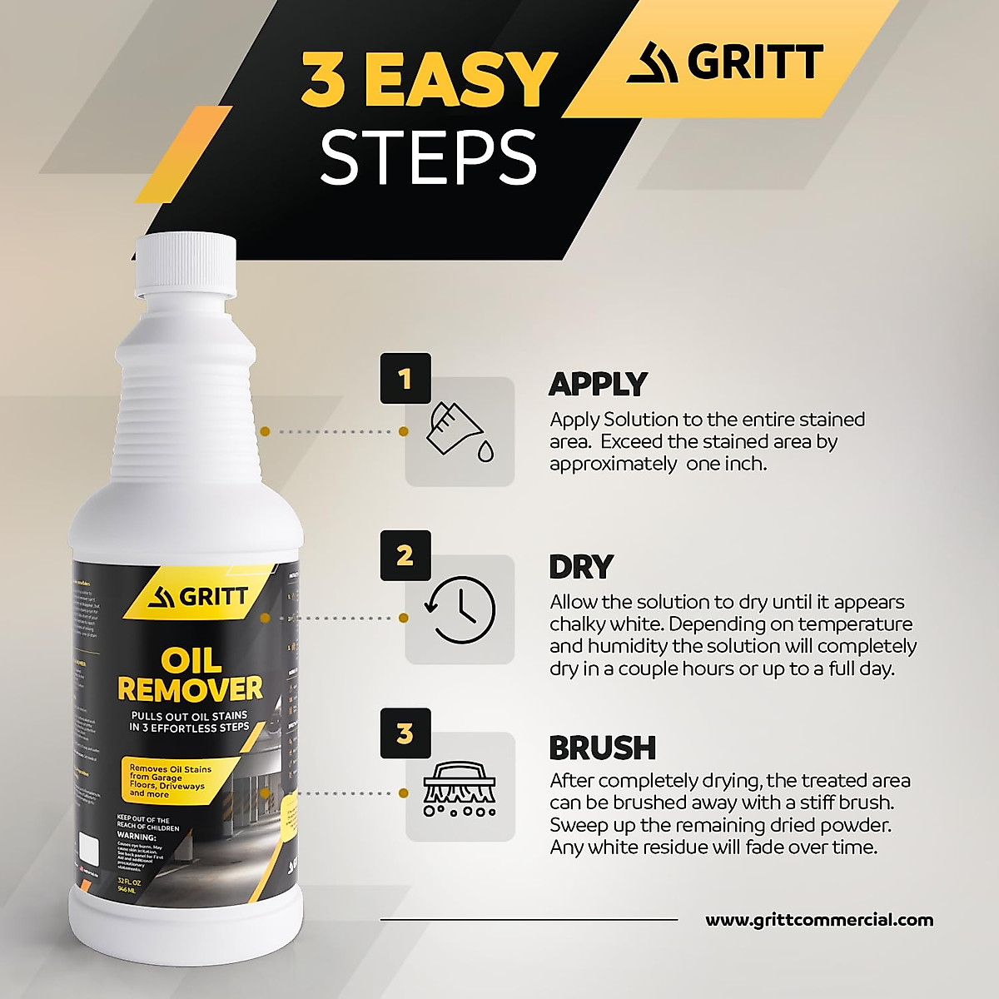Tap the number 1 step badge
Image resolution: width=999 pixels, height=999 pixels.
click(x=405, y=380)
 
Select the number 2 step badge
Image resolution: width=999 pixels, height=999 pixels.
click(x=405, y=555)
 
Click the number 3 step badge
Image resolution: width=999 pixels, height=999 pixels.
click(x=405, y=733)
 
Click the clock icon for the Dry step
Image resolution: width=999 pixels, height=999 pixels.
click(x=460, y=610)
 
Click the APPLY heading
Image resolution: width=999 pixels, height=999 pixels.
click(x=597, y=384)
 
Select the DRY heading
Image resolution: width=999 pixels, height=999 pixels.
click(x=580, y=567)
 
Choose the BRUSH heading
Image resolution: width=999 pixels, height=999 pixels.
click(x=602, y=748)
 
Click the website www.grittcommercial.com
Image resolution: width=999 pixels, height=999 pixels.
click(x=819, y=920)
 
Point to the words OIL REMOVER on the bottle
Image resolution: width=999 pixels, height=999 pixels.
click(x=190, y=675)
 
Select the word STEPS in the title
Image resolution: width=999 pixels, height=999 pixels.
click(x=428, y=157)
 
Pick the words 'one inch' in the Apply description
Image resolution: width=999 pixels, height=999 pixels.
click(x=726, y=464)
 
